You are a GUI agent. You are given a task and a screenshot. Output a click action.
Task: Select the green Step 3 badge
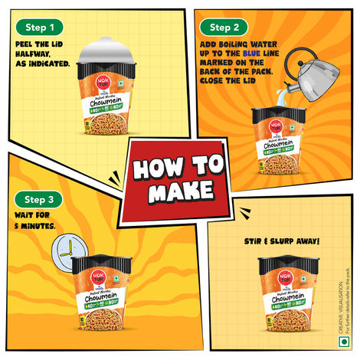tap(38, 200)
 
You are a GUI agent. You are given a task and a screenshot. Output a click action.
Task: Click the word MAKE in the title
tap(181, 191)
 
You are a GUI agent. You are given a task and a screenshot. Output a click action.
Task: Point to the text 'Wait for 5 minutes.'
tap(34, 222)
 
